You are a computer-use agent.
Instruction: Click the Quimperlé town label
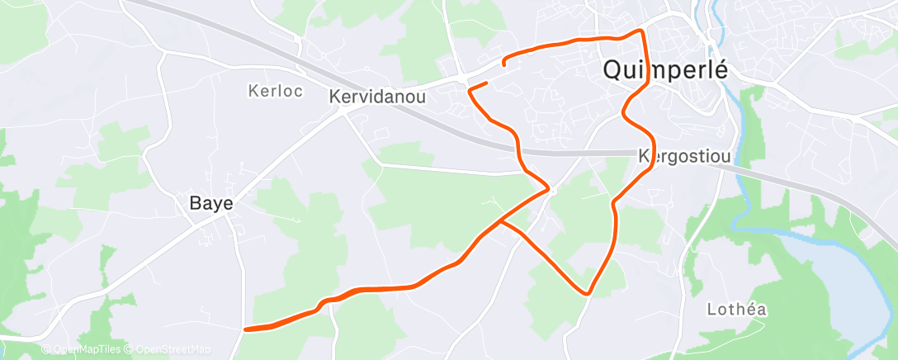click(665, 70)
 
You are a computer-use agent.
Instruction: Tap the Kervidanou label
click(377, 97)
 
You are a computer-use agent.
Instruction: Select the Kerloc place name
click(272, 91)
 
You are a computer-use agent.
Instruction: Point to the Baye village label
click(211, 202)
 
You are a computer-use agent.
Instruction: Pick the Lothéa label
click(737, 310)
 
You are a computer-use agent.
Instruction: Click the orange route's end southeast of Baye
click(246, 329)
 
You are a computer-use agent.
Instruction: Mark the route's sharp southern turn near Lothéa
click(588, 292)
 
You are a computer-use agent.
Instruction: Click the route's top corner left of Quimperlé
click(641, 31)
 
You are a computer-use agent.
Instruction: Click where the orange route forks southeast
click(501, 221)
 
